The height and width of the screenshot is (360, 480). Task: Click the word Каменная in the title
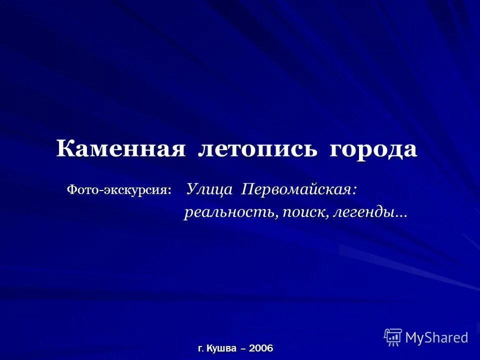tap(120, 149)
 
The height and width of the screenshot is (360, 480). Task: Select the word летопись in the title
tap(257, 149)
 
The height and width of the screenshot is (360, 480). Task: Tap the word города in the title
tap(373, 149)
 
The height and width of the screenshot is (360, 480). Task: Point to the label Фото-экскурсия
tap(119, 190)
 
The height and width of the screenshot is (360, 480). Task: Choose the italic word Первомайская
tap(297, 189)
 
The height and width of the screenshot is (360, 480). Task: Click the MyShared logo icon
tap(393, 337)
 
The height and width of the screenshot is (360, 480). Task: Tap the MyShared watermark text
tap(436, 337)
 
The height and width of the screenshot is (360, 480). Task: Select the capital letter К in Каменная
tap(63, 149)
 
